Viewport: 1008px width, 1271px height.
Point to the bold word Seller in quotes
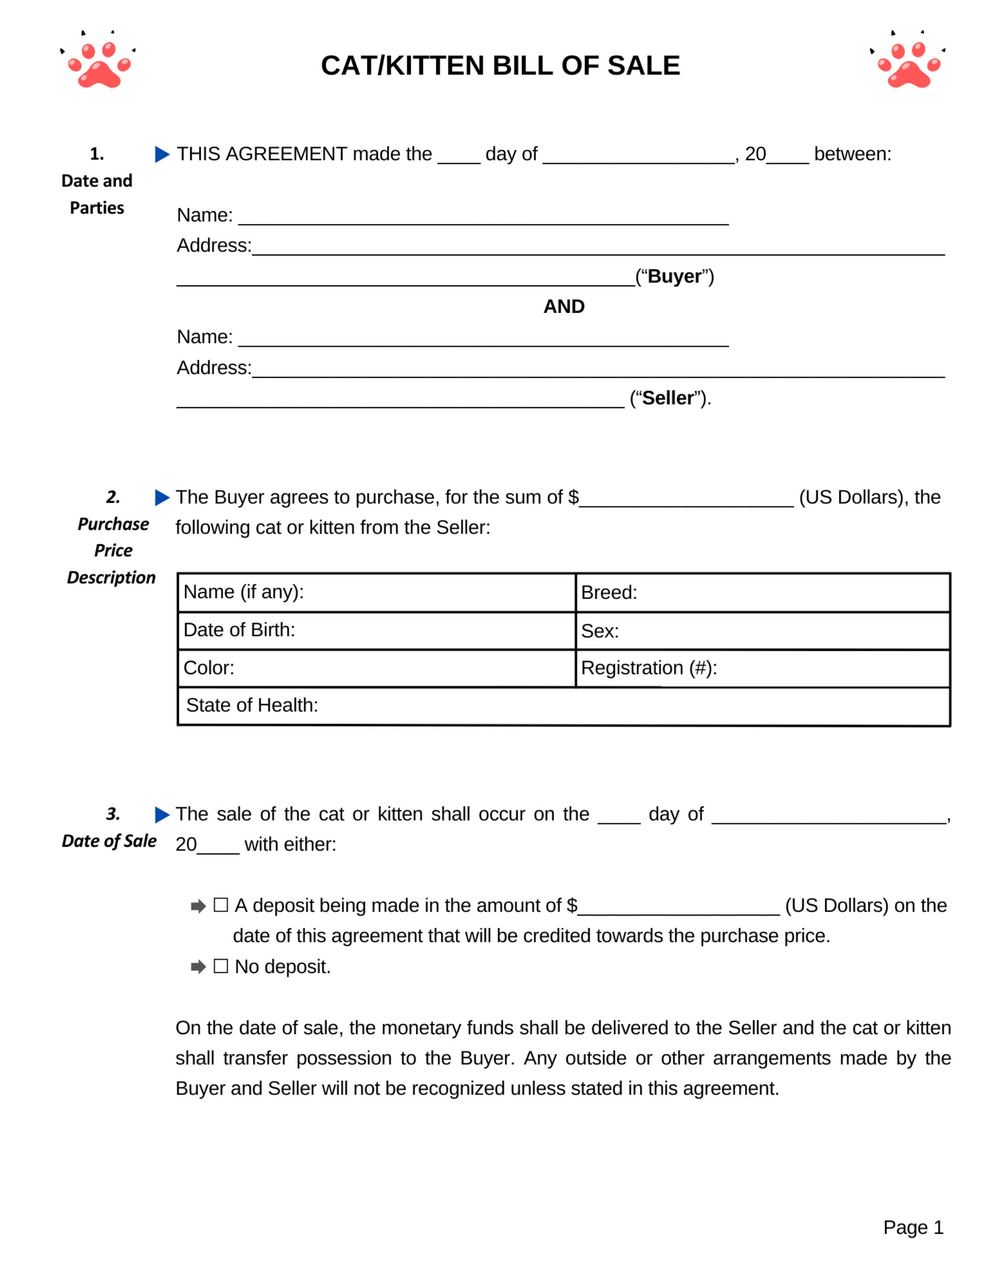(x=668, y=398)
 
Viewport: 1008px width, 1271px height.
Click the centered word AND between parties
(x=564, y=306)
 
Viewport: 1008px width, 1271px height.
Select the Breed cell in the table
(x=762, y=593)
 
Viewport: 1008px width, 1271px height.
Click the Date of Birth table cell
(x=376, y=630)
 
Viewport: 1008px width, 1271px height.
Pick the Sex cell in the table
(x=762, y=631)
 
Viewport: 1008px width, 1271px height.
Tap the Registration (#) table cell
(x=762, y=668)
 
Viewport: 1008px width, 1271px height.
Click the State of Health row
(x=563, y=706)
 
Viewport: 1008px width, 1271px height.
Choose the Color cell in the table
(x=376, y=668)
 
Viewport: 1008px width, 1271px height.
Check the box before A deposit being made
(x=220, y=905)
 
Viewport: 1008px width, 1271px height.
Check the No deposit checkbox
(x=220, y=966)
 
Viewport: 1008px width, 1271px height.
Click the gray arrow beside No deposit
(x=198, y=967)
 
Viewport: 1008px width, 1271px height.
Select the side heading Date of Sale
(x=109, y=841)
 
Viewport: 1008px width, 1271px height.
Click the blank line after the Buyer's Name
(x=483, y=218)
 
